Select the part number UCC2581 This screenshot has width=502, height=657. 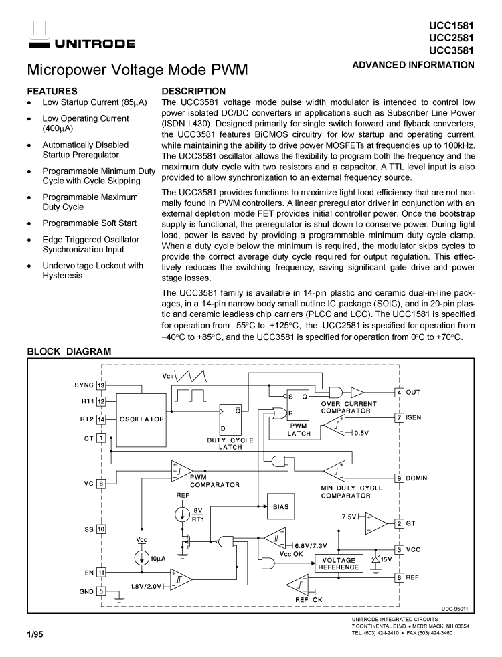452,38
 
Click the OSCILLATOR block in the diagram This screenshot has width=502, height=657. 142,419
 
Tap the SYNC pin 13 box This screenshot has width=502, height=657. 101,385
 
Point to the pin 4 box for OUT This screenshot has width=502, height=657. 399,392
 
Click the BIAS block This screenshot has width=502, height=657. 281,507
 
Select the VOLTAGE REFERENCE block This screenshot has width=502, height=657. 338,563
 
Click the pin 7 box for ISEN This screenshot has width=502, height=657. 399,418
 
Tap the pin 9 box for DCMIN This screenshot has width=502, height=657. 399,478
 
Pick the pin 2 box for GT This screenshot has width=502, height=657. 399,523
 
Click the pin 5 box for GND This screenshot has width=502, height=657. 101,591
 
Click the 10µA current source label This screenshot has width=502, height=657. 157,558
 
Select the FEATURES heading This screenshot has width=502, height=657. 52,91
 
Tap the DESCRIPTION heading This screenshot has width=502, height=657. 193,91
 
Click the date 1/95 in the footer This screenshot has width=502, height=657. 35,634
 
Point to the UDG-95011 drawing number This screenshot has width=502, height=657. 454,609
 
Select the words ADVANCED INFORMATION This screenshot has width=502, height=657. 413,65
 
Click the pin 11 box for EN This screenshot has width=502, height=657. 101,572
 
